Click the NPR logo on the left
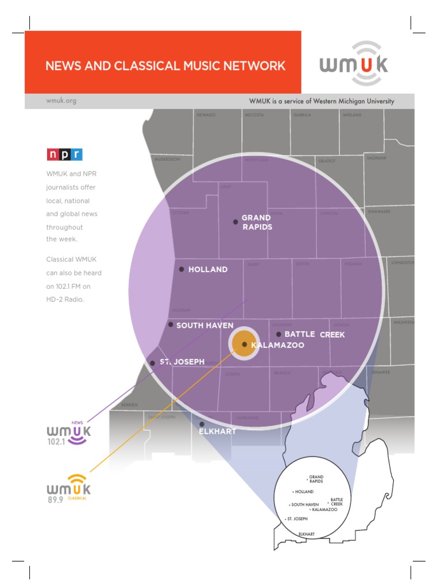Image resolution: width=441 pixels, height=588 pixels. pyautogui.click(x=64, y=154)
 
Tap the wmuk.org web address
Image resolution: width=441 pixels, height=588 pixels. pyautogui.click(x=61, y=101)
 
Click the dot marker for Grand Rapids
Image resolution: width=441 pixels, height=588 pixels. pyautogui.click(x=235, y=222)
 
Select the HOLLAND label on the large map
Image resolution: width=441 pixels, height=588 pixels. pyautogui.click(x=208, y=269)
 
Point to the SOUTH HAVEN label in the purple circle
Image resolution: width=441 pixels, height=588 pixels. pyautogui.click(x=204, y=326)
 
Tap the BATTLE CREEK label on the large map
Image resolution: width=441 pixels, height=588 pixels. pyautogui.click(x=314, y=334)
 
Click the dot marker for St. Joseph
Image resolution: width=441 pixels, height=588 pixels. pyautogui.click(x=152, y=363)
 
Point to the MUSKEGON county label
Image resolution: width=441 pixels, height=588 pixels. pyautogui.click(x=167, y=158)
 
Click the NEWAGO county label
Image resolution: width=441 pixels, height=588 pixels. pyautogui.click(x=206, y=115)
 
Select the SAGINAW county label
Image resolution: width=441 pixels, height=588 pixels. pyautogui.click(x=377, y=157)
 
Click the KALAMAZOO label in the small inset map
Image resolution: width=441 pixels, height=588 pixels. pyautogui.click(x=324, y=509)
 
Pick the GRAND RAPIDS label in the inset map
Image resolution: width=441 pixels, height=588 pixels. pyautogui.click(x=316, y=479)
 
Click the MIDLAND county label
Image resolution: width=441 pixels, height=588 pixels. pyautogui.click(x=353, y=115)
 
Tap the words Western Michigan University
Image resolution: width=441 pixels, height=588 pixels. pyautogui.click(x=353, y=101)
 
